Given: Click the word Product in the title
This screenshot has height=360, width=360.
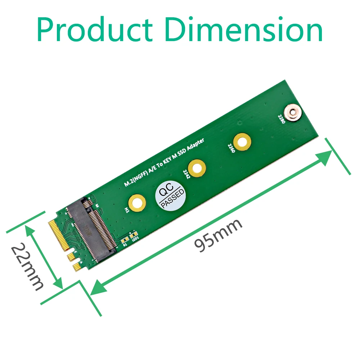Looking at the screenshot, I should (95, 30).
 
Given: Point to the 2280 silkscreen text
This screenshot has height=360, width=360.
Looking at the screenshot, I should (281, 120).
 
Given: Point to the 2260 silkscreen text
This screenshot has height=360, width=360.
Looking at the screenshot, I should (231, 148).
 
